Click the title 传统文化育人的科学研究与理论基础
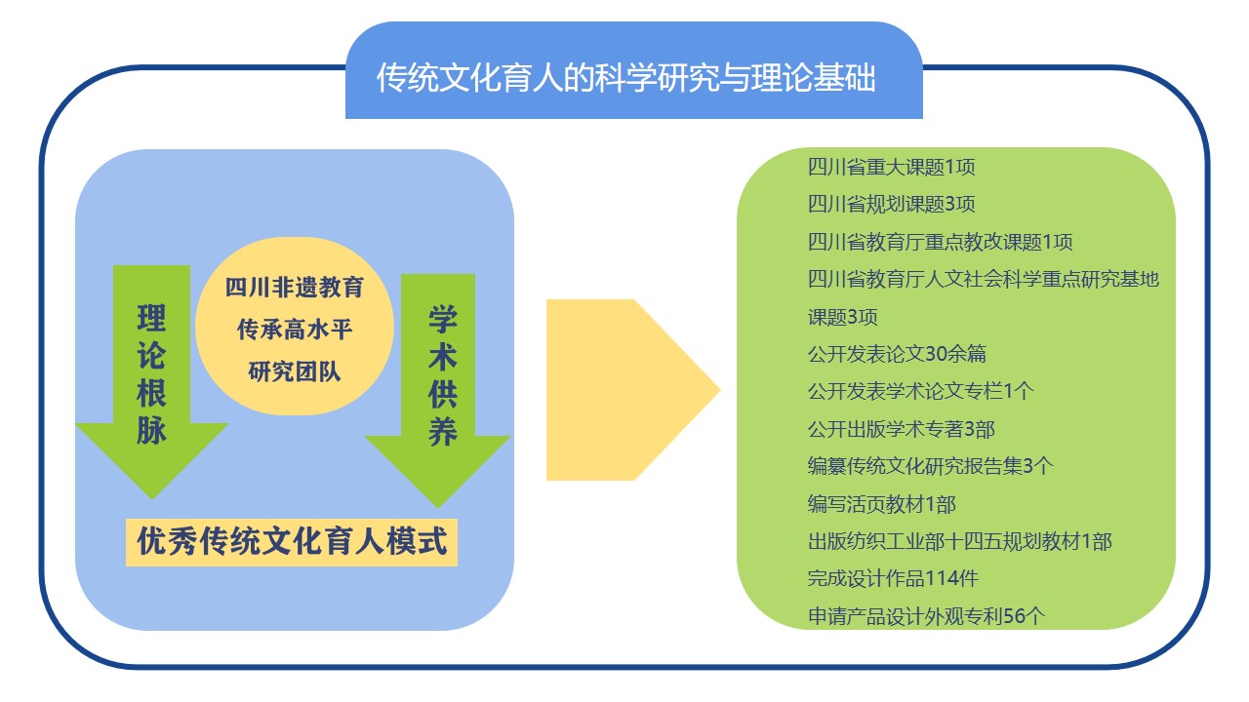(x=625, y=77)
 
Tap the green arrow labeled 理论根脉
(x=151, y=381)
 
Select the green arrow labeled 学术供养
(x=438, y=391)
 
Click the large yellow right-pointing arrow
(x=633, y=390)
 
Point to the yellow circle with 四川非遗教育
(x=295, y=326)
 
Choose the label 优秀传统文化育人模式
(x=292, y=542)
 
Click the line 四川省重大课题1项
(x=891, y=167)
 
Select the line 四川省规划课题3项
(x=891, y=204)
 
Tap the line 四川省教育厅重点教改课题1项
(x=940, y=242)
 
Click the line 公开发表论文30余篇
(x=897, y=354)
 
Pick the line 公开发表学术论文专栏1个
(x=920, y=391)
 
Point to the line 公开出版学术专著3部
(x=901, y=429)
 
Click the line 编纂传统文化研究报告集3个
(x=930, y=466)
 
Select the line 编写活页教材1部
(x=881, y=504)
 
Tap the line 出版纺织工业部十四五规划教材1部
(x=959, y=541)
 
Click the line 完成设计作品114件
(x=893, y=578)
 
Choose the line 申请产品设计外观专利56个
(x=926, y=616)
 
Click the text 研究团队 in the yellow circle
(x=295, y=371)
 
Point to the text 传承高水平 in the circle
(x=295, y=330)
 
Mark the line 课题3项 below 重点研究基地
(x=842, y=317)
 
